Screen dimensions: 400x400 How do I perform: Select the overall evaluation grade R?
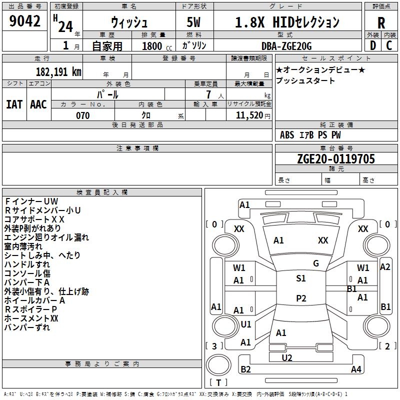(x=381, y=23)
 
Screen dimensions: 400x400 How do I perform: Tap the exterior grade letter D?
(x=372, y=45)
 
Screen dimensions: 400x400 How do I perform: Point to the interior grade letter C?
(x=389, y=45)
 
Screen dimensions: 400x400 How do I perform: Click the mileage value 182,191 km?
(x=58, y=71)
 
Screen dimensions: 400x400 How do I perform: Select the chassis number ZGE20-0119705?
(x=335, y=159)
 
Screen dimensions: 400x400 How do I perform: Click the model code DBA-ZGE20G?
(x=286, y=45)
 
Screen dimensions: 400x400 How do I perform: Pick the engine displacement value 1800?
(x=152, y=46)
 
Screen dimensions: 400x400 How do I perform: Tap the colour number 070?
(x=83, y=115)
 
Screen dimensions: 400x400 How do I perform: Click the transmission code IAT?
(x=14, y=104)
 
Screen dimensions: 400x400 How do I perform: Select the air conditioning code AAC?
(x=38, y=104)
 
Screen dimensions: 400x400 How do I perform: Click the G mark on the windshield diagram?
(x=316, y=263)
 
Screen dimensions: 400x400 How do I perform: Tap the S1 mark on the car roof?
(x=300, y=278)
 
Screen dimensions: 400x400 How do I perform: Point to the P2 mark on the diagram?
(x=300, y=298)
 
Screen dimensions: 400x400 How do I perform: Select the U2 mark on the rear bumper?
(x=287, y=357)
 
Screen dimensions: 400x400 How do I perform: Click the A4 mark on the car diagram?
(x=356, y=369)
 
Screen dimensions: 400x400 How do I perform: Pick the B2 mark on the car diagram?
(x=245, y=369)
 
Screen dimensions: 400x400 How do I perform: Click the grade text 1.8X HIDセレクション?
(x=287, y=22)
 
